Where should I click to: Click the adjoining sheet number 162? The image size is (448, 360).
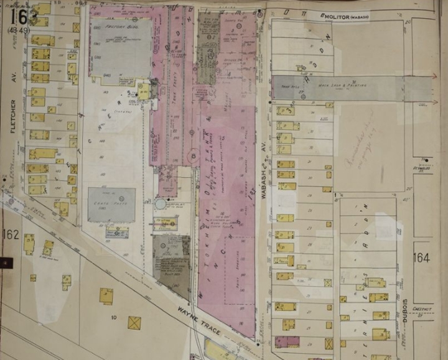[11, 234]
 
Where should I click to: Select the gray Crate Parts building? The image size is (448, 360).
[111, 205]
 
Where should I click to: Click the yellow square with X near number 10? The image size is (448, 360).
[134, 323]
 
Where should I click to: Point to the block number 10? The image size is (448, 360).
[114, 318]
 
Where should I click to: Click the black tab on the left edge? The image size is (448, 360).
[5, 262]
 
